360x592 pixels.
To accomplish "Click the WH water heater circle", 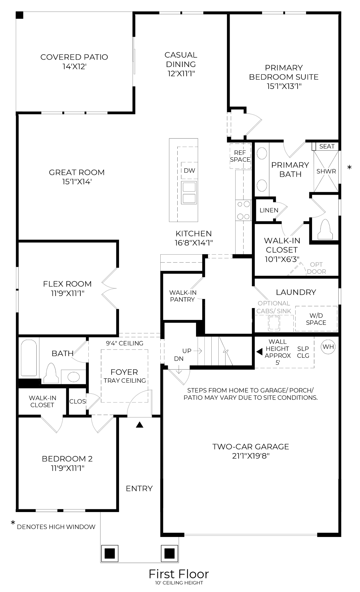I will point(328,347).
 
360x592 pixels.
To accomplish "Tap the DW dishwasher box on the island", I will point(189,171).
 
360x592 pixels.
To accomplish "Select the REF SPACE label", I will point(240,156).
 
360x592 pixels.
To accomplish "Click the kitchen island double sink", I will point(189,193).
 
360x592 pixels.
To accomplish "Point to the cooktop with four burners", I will point(243,210).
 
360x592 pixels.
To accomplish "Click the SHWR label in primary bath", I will point(326,171).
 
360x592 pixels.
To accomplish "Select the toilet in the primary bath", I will point(325,230).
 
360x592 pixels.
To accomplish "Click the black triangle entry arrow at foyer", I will point(140,425).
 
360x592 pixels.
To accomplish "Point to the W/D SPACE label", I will point(316,319).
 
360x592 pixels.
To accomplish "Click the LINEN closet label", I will point(269,210).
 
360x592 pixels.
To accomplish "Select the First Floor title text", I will point(179,574).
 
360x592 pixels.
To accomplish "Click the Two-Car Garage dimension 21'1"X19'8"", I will point(251,456).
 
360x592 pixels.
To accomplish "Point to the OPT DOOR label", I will point(316,268).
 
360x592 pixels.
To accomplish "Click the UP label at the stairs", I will point(187,351).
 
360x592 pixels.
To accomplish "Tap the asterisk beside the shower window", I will point(349,167).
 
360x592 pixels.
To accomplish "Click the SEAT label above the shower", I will point(327,146).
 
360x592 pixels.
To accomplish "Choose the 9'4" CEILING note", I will point(125,343).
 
